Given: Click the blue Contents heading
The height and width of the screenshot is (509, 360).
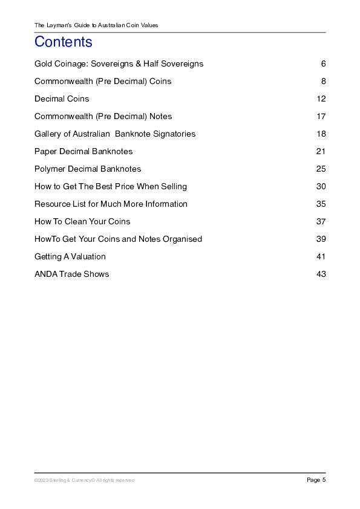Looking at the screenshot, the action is tap(64, 42).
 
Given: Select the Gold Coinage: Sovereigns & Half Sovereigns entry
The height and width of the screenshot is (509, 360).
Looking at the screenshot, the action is tap(119, 63).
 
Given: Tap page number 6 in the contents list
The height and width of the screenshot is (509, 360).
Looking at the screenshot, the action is tap(324, 63).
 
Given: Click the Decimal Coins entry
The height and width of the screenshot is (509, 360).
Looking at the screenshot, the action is tap(62, 99).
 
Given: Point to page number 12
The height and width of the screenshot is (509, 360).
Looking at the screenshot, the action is tap(321, 99).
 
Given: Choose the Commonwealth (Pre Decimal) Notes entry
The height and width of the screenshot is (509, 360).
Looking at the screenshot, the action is tap(103, 116).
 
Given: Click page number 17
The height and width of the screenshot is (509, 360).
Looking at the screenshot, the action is tap(321, 116).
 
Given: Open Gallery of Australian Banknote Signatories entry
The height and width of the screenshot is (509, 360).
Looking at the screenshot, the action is tap(115, 134).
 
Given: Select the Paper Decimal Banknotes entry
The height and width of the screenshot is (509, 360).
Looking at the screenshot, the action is tap(83, 151).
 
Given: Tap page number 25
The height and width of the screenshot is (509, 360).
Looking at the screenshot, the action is tap(321, 169).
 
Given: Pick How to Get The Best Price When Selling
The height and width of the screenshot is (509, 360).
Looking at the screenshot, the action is tap(111, 186).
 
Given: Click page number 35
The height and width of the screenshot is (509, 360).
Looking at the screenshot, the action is tap(321, 204).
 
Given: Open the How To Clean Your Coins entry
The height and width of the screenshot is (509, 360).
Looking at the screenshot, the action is tap(82, 221).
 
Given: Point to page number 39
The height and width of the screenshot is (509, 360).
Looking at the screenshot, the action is tap(321, 239).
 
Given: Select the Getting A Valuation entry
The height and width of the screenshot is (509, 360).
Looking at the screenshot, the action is tap(70, 256).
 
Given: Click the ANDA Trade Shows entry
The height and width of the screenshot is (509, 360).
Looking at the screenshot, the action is tap(72, 274).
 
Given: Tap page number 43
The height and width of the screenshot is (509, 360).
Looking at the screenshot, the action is tap(321, 274).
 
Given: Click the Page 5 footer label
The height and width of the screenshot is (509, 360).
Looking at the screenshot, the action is tap(316, 480).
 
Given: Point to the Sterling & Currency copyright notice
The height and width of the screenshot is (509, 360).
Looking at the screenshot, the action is tap(84, 480).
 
